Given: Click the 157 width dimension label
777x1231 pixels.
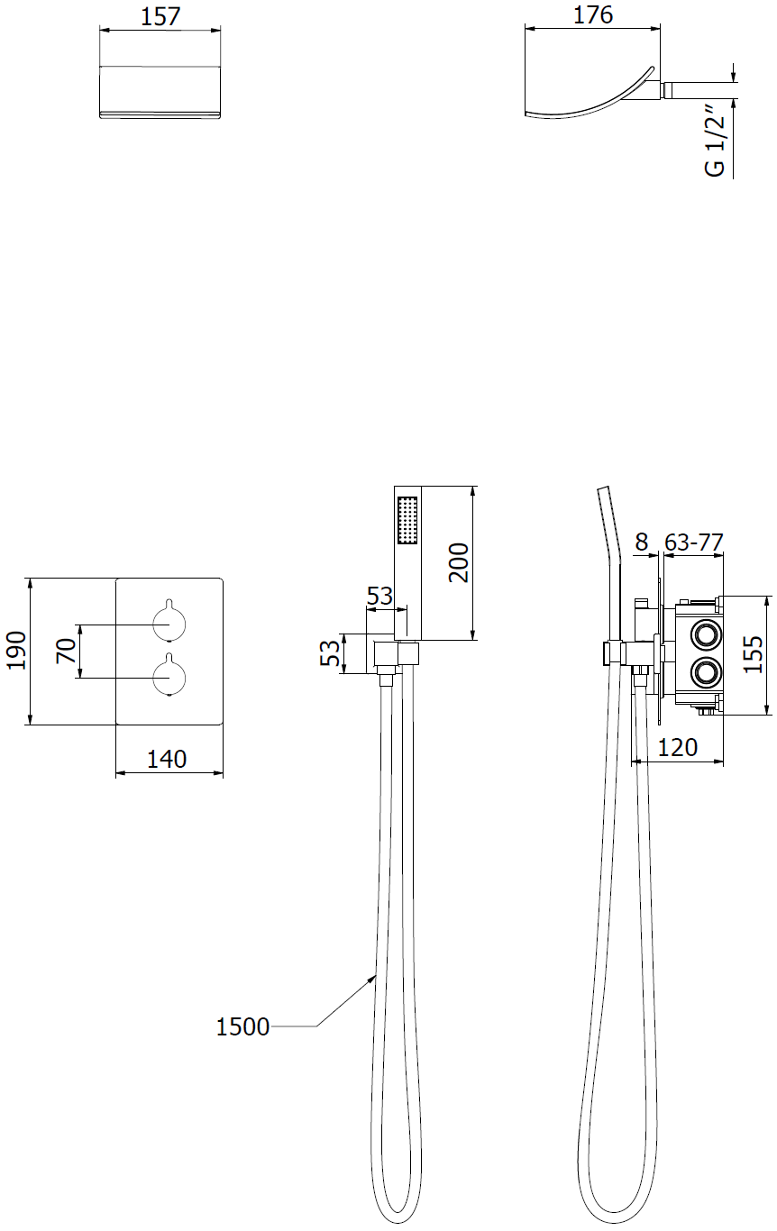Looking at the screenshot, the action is pyautogui.click(x=160, y=16).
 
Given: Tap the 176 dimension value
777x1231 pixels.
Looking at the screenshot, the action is pyautogui.click(x=593, y=14).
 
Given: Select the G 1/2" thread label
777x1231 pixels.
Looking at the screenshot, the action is pyautogui.click(x=716, y=141).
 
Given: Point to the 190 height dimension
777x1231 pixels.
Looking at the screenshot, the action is pyautogui.click(x=16, y=651).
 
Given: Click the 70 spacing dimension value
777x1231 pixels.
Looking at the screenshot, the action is pyautogui.click(x=67, y=651).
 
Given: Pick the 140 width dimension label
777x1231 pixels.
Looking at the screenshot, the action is pyautogui.click(x=167, y=760).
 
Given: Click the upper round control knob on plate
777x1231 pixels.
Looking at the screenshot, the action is pyautogui.click(x=169, y=624).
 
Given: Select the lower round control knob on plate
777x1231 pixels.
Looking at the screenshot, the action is pyautogui.click(x=169, y=677).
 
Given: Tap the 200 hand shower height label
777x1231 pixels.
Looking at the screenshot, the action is pyautogui.click(x=459, y=562).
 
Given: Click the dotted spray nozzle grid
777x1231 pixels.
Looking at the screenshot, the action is pyautogui.click(x=407, y=521).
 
